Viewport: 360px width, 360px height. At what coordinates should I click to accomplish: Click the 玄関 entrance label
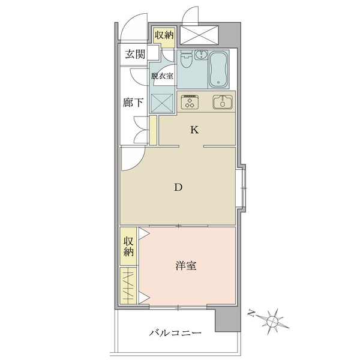(135, 54)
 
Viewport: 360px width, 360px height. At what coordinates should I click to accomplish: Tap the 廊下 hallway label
(134, 103)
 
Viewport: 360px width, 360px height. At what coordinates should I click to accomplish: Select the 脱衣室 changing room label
(162, 76)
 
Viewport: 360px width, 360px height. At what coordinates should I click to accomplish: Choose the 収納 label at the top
(164, 35)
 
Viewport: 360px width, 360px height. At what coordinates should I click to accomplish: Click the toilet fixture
(186, 61)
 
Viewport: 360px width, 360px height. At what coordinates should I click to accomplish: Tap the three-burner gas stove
(191, 101)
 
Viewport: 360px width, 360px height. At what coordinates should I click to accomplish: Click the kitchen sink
(223, 101)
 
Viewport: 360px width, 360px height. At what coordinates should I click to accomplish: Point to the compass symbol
(273, 321)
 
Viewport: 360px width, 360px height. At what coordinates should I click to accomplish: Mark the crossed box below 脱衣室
(161, 103)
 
